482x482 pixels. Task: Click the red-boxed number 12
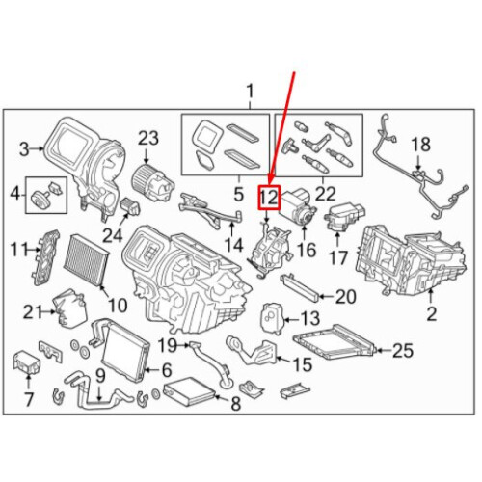269,198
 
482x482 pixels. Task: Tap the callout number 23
148,139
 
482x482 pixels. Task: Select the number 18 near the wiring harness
420,145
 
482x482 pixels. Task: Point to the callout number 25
402,350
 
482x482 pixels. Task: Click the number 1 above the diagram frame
250,91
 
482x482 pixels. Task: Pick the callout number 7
29,399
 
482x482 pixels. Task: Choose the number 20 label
345,297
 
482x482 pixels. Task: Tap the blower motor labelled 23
152,182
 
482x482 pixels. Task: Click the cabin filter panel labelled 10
87,262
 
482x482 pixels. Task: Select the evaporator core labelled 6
125,350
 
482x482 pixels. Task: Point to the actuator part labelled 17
345,217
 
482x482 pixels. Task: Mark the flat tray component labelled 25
335,342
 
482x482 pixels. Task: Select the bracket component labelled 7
26,362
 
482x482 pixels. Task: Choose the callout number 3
24,149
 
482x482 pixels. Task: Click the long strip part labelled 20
301,287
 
